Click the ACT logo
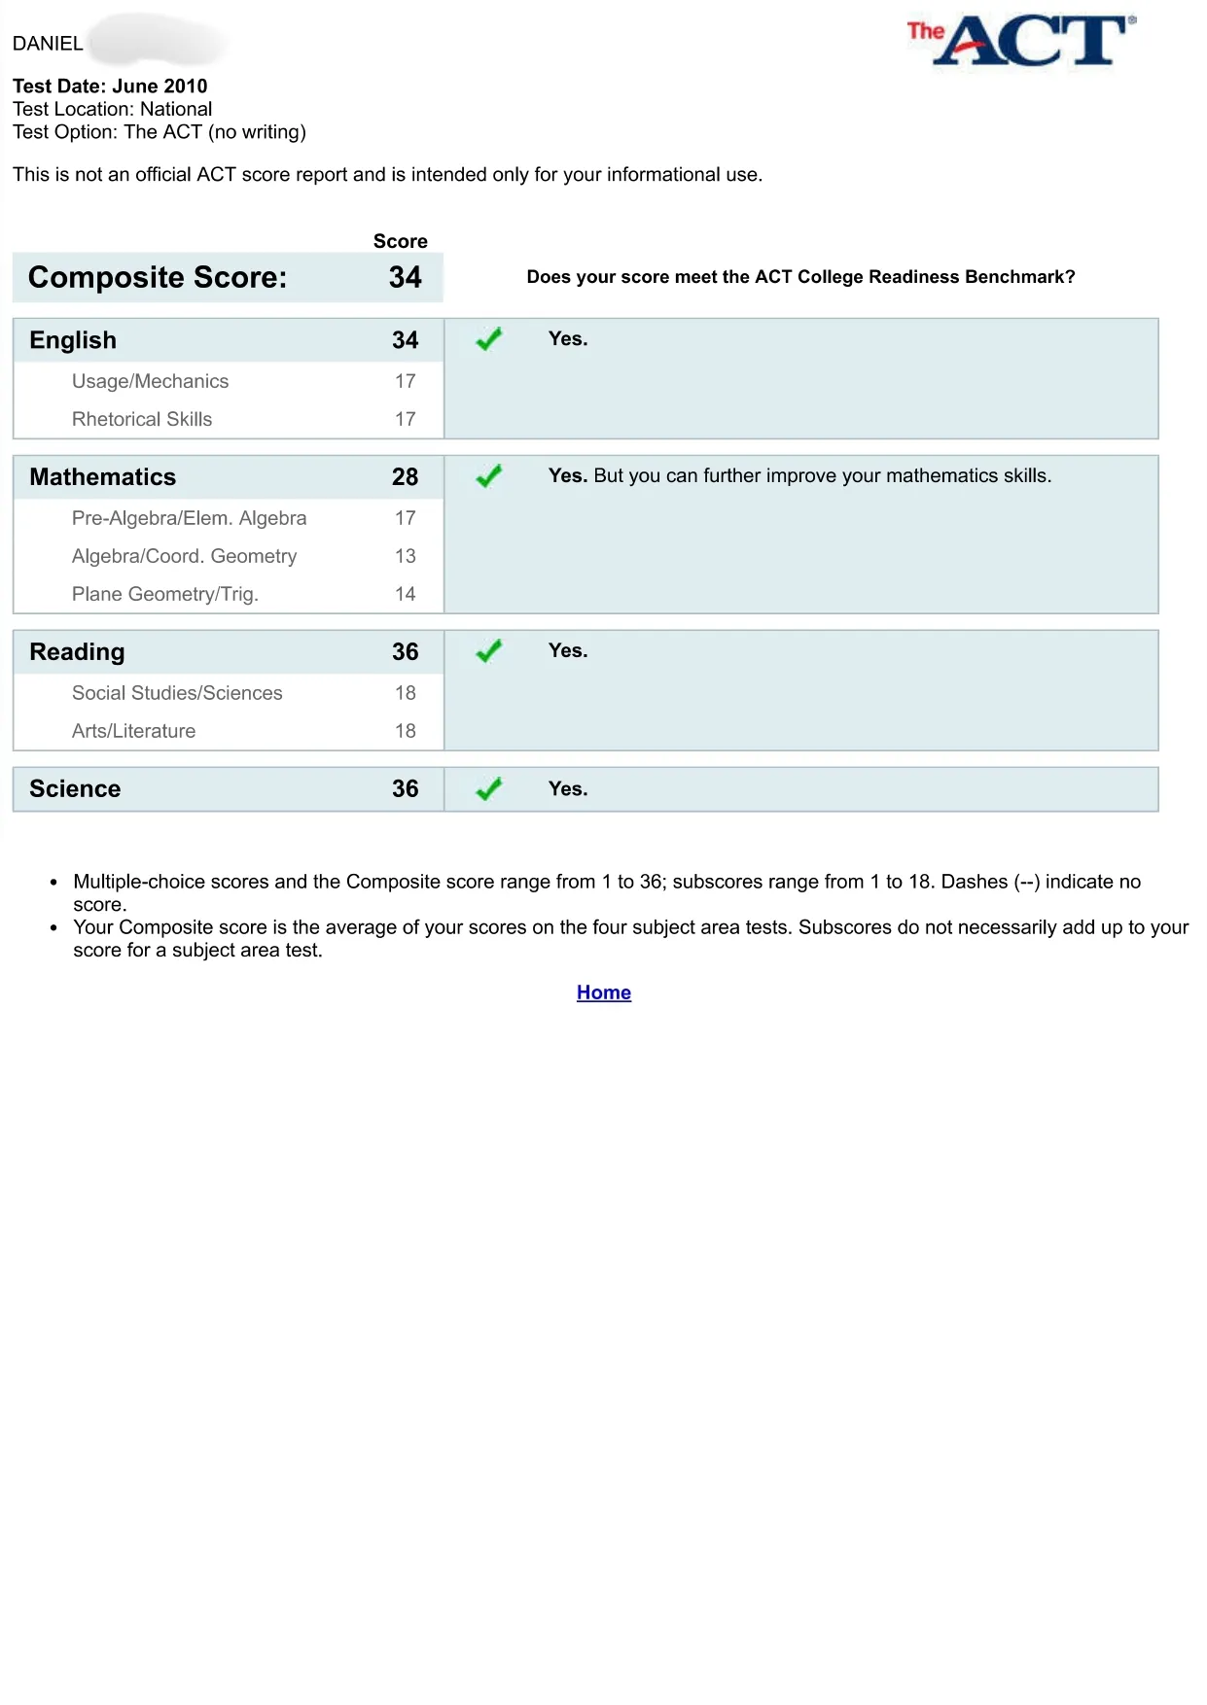[1021, 41]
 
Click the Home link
[603, 992]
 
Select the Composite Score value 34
[405, 278]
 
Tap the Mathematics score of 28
[405, 477]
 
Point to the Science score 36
[405, 789]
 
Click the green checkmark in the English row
[488, 339]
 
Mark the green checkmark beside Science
[488, 789]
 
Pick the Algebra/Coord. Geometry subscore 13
[405, 556]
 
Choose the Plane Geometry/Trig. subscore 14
[405, 594]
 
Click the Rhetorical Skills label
[142, 419]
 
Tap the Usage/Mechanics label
[150, 381]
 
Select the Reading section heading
[77, 652]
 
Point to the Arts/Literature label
[133, 731]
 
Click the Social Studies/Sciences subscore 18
[405, 693]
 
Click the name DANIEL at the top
[48, 44]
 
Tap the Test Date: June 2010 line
[110, 86]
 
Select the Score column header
[400, 241]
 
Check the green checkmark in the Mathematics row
[488, 476]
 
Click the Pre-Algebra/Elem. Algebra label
[189, 518]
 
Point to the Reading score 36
[405, 652]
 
